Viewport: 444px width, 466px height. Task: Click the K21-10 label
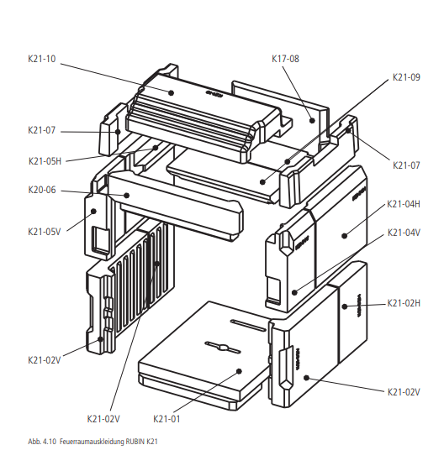[x=42, y=59]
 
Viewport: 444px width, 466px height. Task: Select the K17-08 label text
[x=285, y=59]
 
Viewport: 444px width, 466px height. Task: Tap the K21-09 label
[x=406, y=77]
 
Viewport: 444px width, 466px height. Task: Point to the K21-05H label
[x=45, y=161]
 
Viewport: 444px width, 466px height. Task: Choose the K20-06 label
[x=42, y=190]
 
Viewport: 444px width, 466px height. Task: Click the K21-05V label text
[x=45, y=232]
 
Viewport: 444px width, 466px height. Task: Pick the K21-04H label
[x=404, y=204]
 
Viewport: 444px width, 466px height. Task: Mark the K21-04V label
[x=404, y=233]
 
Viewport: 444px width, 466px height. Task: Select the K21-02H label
[x=404, y=303]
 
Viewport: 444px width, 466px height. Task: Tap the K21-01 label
[x=166, y=419]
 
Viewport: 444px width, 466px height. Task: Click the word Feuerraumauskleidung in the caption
[x=92, y=442]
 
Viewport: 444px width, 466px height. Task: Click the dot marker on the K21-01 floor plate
[x=239, y=371]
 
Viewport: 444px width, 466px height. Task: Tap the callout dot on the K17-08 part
[x=312, y=120]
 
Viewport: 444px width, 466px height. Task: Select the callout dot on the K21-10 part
[x=171, y=92]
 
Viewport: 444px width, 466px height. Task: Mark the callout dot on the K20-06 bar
[x=126, y=196]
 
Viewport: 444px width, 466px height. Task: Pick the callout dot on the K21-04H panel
[x=344, y=236]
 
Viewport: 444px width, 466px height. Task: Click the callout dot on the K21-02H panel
[x=345, y=306]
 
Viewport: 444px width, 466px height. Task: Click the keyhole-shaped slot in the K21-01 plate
[x=222, y=347]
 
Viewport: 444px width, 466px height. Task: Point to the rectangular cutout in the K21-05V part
[x=100, y=239]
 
